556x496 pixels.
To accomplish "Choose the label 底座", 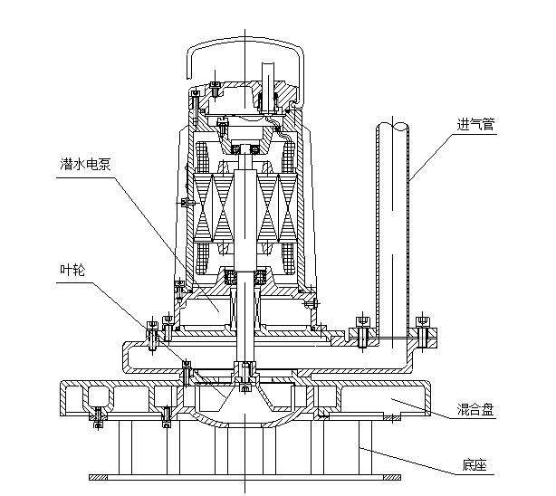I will pos(475,468).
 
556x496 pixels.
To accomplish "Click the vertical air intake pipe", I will pos(393,226).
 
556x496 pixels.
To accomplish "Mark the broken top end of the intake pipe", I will pos(394,126).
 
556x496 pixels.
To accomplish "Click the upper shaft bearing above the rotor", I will pos(245,148).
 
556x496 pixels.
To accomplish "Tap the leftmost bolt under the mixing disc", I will pos(97,416).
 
